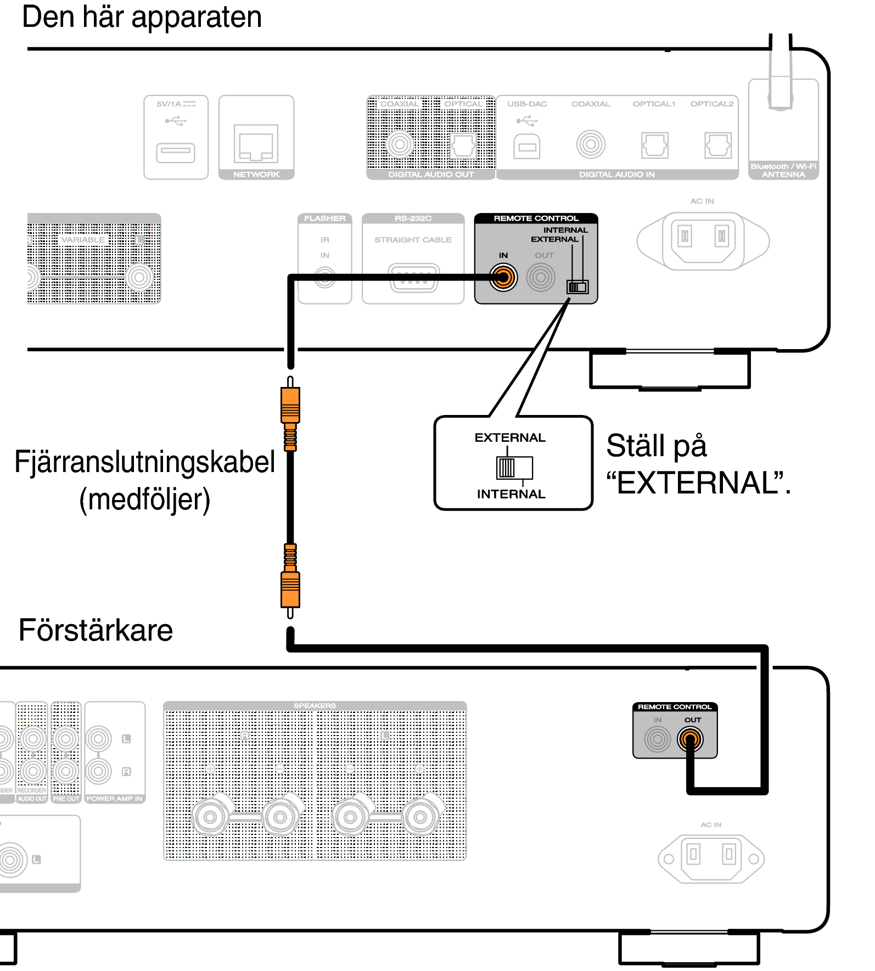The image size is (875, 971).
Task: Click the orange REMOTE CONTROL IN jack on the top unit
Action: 503,277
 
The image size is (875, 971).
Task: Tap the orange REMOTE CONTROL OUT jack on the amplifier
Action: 690,739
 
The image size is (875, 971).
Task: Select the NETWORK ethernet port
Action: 256,144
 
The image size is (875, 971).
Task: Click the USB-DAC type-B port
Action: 527,146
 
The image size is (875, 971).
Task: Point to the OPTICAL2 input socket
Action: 718,145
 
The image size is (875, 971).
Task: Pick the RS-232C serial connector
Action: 413,277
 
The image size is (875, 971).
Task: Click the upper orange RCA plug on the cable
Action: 290,406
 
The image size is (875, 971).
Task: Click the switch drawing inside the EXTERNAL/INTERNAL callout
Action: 514,468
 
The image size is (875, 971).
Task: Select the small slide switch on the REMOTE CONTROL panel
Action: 577,287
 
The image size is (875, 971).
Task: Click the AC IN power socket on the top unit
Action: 703,240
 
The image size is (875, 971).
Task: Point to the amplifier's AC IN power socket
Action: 711,858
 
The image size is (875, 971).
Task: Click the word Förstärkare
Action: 96,630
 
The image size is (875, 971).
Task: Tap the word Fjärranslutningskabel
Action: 144,462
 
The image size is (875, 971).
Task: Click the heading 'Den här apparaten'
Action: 142,18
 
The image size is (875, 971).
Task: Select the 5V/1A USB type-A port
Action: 176,153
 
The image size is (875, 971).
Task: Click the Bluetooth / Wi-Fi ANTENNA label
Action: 783,170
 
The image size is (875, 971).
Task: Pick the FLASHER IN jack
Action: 325,277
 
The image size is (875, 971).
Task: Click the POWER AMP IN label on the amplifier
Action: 114,799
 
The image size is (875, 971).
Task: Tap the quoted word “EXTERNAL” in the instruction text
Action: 694,483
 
